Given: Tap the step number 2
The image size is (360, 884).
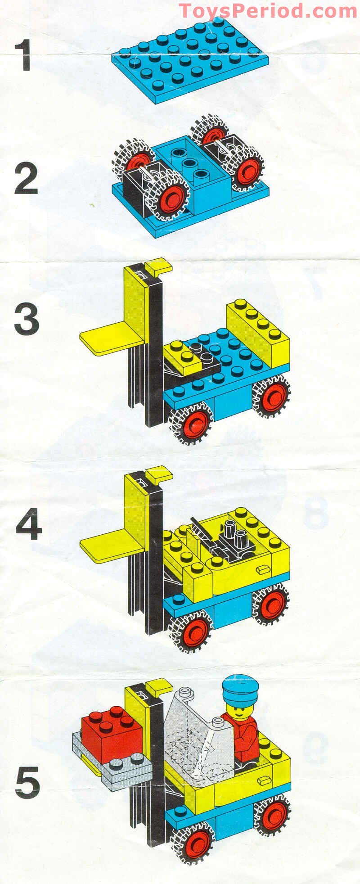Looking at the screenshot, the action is coord(26,179).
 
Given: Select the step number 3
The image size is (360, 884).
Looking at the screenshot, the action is coord(27,319).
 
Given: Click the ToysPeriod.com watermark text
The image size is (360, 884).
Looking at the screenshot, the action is coord(268,10).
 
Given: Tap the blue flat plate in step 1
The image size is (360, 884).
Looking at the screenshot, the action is coord(190,60).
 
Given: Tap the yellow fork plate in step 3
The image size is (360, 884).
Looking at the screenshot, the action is coord(112,338).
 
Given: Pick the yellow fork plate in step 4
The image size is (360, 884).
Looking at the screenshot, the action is coord(112,545).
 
